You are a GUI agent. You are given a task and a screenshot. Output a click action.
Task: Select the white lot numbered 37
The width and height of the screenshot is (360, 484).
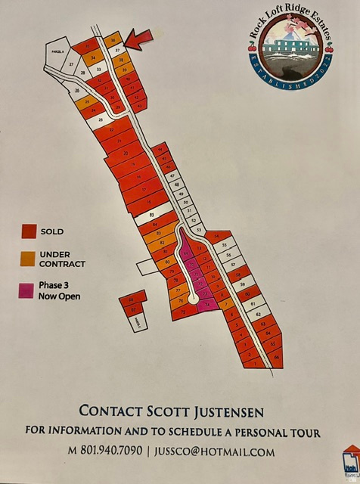(x=118, y=49)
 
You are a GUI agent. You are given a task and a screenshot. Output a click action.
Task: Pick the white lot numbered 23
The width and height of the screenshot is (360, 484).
(x=100, y=119)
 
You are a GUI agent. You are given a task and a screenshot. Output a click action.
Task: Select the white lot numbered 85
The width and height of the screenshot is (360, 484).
(x=151, y=214)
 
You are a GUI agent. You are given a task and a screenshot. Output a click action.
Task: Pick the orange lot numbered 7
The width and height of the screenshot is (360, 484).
(x=225, y=305)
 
